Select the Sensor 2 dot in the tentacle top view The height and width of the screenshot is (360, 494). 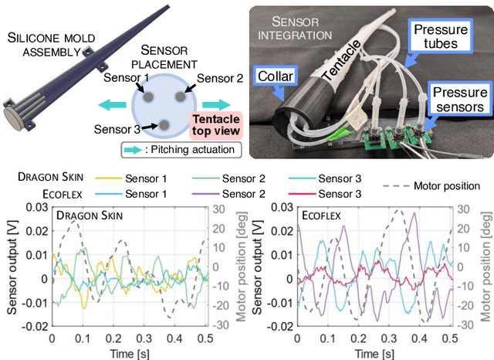coord(178,96)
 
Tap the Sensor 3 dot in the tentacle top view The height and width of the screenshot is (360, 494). coord(164,124)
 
